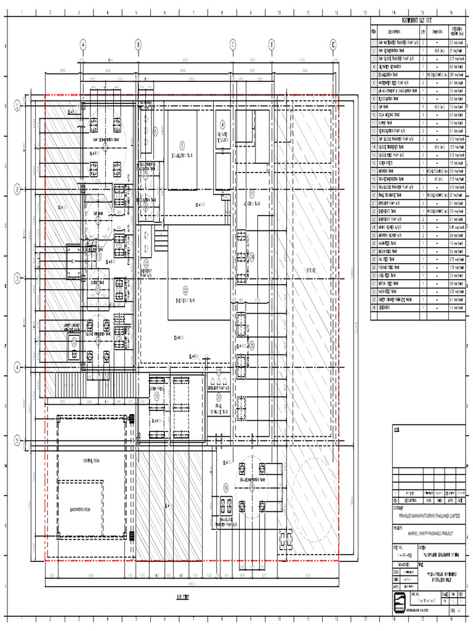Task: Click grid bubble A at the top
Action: pos(83,44)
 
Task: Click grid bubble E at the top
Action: pos(333,44)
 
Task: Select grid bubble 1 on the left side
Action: pos(18,107)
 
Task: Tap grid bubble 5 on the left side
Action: pos(18,439)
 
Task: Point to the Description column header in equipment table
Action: pos(394,31)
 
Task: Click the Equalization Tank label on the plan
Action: pos(182,157)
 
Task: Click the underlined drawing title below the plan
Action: pos(183,597)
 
